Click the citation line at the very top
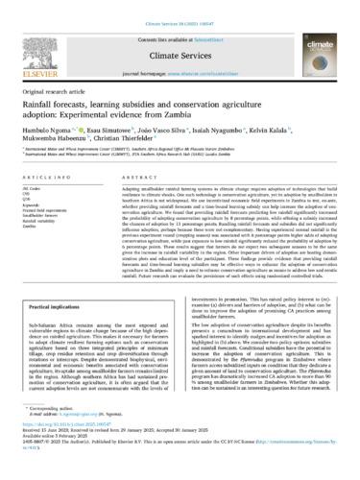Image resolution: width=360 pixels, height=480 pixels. tap(180, 8)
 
